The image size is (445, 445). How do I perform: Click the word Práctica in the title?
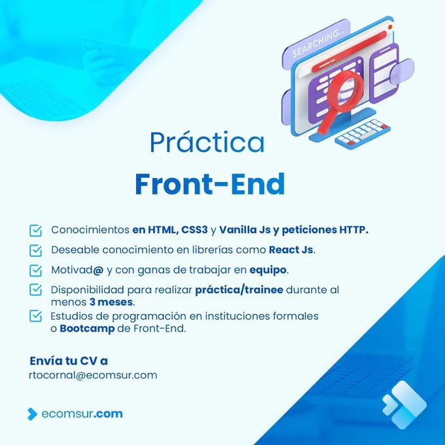[207, 142]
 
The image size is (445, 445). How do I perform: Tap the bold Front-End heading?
[210, 184]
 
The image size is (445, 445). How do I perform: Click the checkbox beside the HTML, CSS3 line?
[36, 231]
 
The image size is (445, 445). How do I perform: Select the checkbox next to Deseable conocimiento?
[36, 251]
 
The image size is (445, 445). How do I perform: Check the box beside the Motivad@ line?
[36, 270]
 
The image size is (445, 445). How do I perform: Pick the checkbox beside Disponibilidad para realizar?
[36, 290]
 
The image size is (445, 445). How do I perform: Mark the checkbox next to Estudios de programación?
[36, 316]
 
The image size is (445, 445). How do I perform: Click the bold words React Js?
[291, 250]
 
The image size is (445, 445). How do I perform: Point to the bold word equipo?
[268, 270]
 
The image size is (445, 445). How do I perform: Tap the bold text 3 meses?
[111, 302]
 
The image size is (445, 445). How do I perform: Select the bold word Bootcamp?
[87, 329]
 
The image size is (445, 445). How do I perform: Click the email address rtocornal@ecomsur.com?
[93, 375]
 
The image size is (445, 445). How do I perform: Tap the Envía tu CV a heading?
[69, 361]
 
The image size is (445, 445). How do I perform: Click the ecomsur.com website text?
[82, 414]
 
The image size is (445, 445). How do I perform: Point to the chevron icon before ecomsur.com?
[32, 414]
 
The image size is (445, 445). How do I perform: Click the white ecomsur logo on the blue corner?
[404, 404]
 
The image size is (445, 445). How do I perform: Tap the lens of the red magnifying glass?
[346, 90]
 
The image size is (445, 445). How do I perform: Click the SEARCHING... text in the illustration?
[319, 43]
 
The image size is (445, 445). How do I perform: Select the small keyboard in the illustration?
[363, 133]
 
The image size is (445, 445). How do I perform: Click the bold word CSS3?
[194, 230]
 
